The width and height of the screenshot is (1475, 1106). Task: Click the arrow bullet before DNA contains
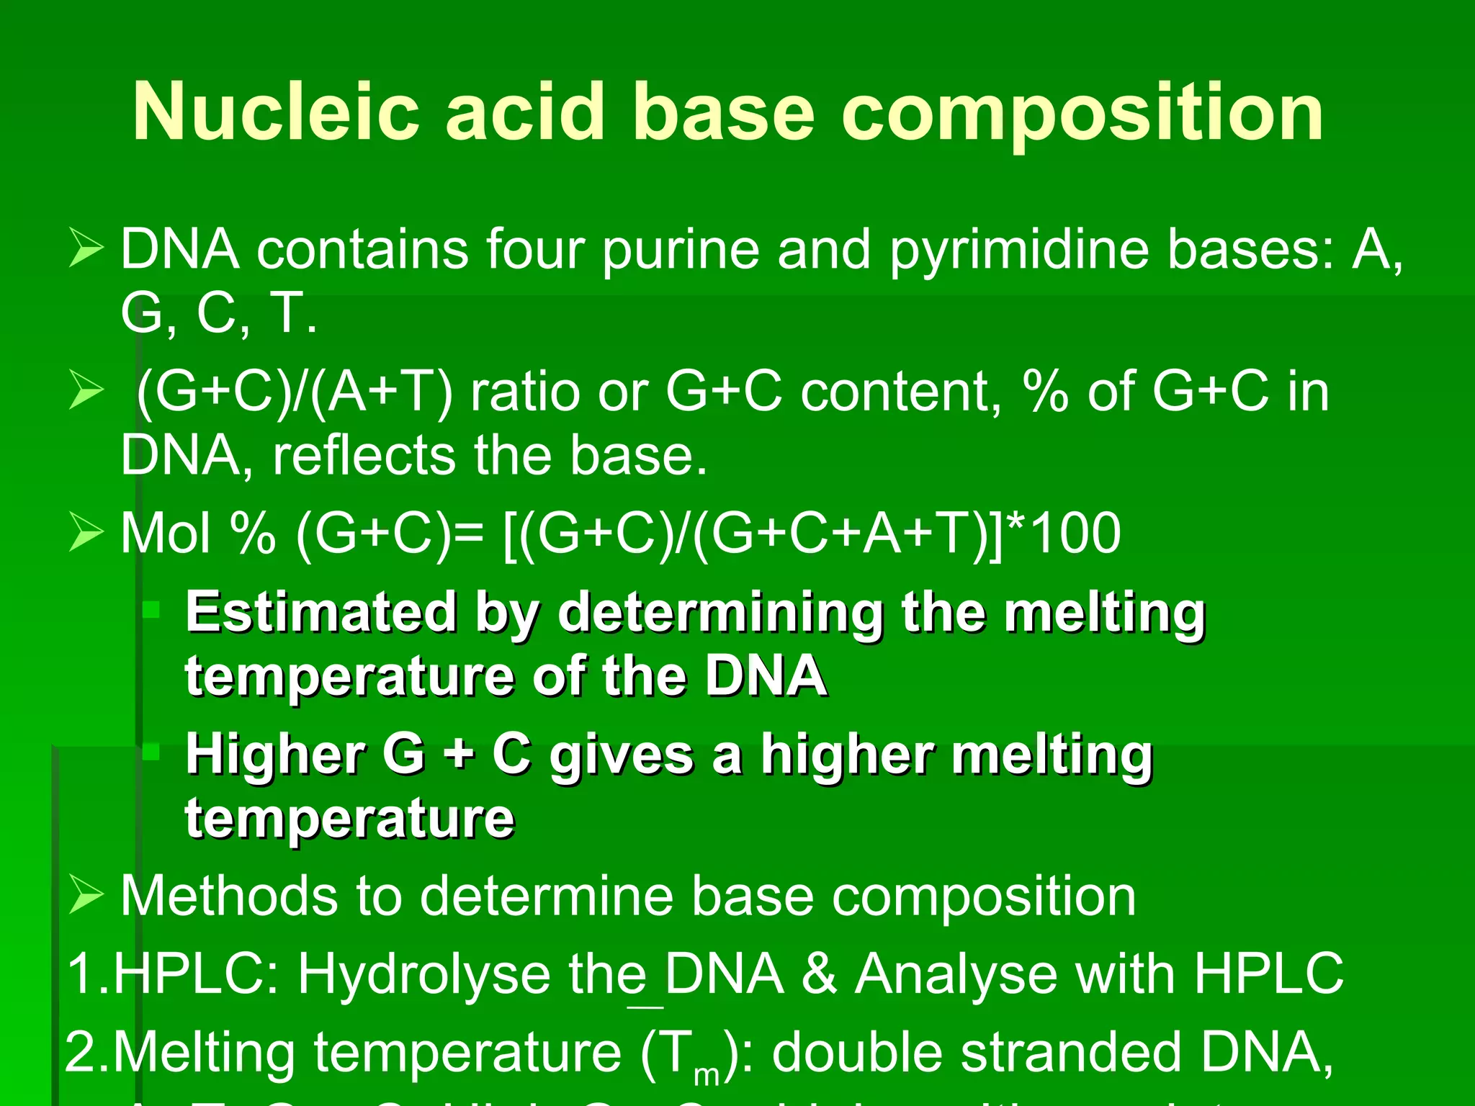point(86,248)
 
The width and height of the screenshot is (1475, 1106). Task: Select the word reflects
point(364,456)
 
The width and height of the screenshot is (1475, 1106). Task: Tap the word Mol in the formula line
point(166,534)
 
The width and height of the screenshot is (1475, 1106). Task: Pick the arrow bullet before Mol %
point(86,534)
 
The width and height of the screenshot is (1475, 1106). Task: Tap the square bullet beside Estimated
point(151,611)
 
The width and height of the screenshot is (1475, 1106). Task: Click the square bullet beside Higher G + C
point(151,752)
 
